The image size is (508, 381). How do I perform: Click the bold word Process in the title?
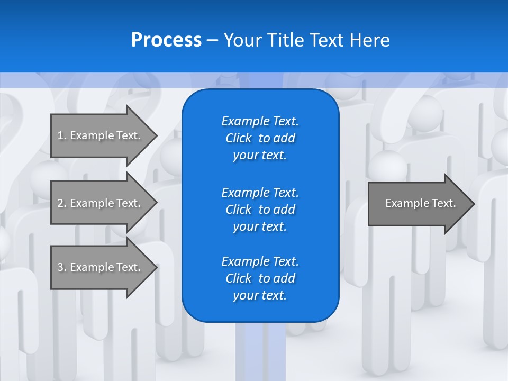point(166,40)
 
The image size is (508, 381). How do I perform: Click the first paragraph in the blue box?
point(260,138)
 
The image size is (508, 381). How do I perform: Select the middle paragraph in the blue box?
point(260,210)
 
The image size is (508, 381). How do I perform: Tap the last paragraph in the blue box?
point(260,278)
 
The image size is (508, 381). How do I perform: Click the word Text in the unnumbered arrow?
point(443,203)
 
